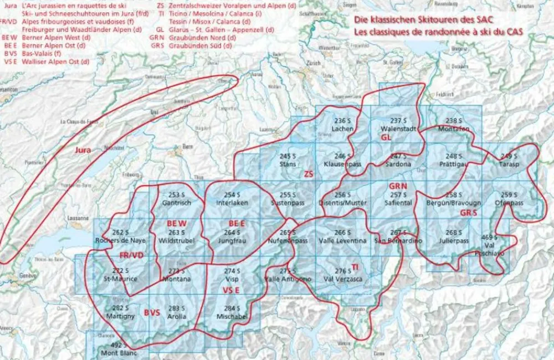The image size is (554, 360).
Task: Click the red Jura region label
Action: pos(83,150)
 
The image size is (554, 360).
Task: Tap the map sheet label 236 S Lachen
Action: pos(343,125)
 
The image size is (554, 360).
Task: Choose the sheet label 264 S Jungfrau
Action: pos(232,238)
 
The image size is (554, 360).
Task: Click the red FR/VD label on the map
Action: pos(131,255)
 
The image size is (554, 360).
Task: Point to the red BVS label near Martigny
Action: pos(152,312)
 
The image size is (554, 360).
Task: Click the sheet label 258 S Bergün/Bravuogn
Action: pos(454,199)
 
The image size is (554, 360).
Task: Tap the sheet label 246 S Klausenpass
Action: pos(343,160)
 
